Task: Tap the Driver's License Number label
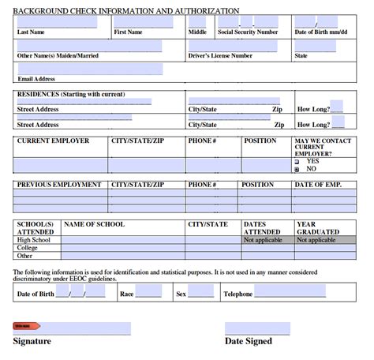[x=220, y=56]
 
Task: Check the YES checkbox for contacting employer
[x=297, y=161]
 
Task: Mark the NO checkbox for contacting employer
[x=297, y=169]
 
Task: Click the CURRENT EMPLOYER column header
[x=53, y=141]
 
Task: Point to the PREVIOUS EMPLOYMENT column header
[x=59, y=185]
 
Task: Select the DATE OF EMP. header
[x=318, y=185]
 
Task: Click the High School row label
[x=33, y=240]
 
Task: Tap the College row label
[x=28, y=248]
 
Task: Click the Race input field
[x=148, y=291]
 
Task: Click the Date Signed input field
[x=257, y=328]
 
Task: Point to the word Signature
[x=32, y=341]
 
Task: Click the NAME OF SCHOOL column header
[x=95, y=224]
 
